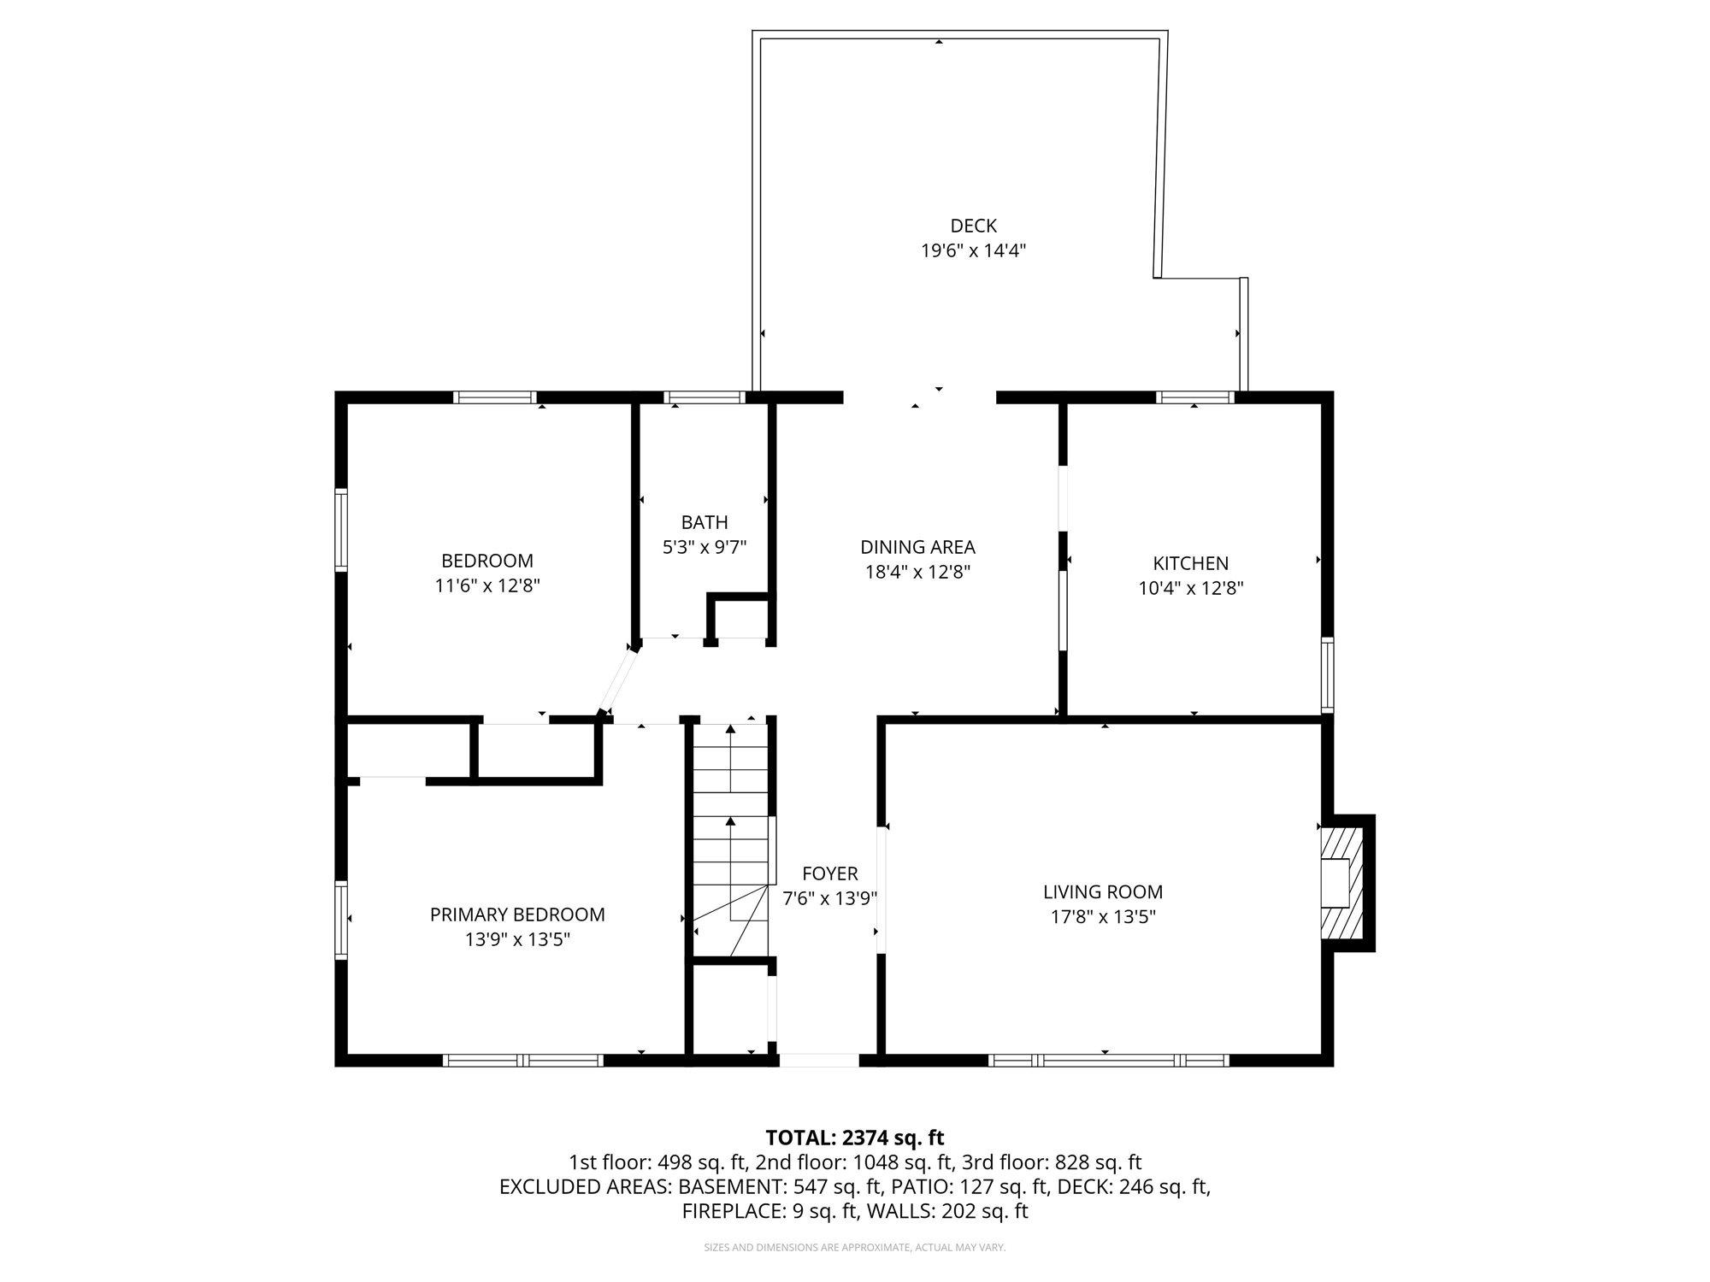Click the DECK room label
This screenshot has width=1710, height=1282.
[x=973, y=226]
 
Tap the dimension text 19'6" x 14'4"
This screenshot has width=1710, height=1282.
[x=973, y=251]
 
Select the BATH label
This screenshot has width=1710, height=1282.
[x=705, y=522]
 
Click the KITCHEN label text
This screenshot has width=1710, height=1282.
[x=1190, y=563]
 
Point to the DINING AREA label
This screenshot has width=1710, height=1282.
[x=917, y=547]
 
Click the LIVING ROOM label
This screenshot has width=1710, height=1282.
[x=1103, y=892]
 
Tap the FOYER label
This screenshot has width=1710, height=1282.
[x=829, y=873]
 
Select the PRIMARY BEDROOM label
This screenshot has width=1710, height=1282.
[x=517, y=914]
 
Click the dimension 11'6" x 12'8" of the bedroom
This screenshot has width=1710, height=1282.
[x=487, y=586]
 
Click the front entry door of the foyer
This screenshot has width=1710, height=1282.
[x=818, y=1060]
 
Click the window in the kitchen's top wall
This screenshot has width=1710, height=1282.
[x=1194, y=397]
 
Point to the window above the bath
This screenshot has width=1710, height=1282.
[x=704, y=397]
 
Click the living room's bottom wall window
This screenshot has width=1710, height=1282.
[x=1108, y=1060]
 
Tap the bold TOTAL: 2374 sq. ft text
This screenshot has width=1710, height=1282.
[x=854, y=1138]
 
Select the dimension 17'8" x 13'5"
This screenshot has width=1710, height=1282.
[x=1103, y=917]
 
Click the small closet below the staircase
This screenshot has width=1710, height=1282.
[x=729, y=1009]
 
